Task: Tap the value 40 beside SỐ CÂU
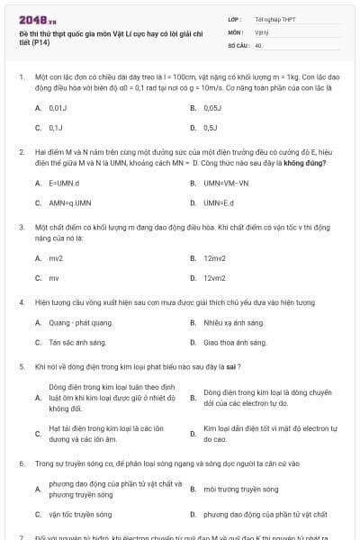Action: [258, 44]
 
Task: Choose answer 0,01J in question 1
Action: [56, 107]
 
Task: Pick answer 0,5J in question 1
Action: [211, 128]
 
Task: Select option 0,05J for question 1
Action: [212, 107]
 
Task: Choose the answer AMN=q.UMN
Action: [69, 202]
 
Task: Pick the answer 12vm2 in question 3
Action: [214, 278]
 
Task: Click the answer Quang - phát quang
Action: [80, 322]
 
